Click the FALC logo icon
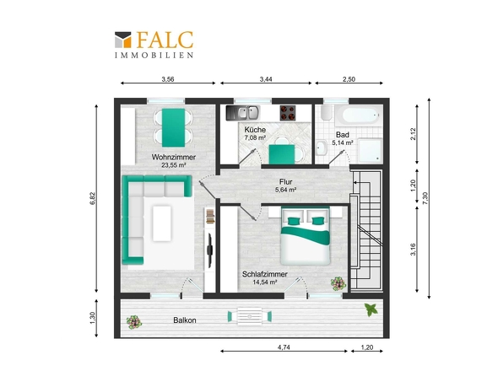pos(123,40)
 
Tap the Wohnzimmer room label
pos(174,157)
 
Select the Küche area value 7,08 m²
pos(255,137)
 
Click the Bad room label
pos(343,135)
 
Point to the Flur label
pos(286,182)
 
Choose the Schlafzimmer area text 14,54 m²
pos(265,282)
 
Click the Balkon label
pos(185,320)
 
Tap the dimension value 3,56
pos(168,79)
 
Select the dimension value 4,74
pos(284,347)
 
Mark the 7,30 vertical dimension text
pos(425,198)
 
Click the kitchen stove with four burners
pos(288,113)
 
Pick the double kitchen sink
pos(243,113)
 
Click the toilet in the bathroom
pos(326,113)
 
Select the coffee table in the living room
pos(162,223)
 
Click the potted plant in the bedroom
pos(338,283)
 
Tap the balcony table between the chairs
pos(250,316)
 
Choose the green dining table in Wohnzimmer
pos(173,127)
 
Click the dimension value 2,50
pos(349,79)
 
